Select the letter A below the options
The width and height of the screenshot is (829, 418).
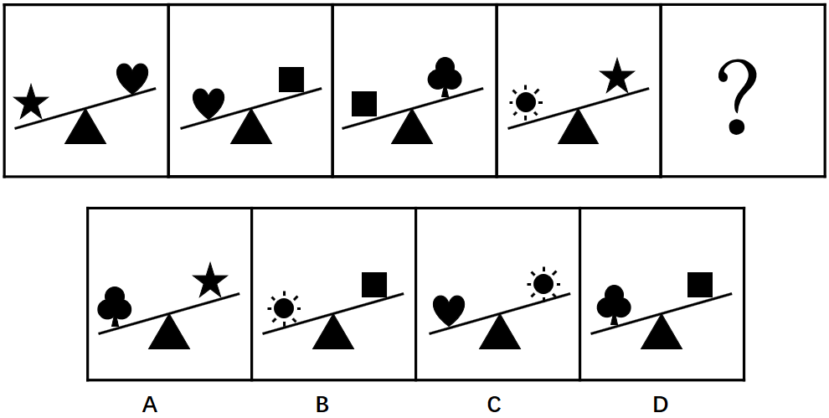150,405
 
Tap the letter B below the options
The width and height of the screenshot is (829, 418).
322,405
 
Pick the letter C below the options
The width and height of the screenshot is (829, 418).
493,405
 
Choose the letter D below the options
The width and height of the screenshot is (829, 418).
661,405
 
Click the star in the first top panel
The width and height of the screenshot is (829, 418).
31,101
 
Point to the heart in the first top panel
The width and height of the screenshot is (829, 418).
132,78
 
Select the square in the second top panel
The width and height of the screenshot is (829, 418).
291,80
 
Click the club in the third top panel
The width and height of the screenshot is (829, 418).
444,77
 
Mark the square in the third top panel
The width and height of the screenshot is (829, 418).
363,104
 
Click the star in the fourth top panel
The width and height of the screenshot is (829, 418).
616,77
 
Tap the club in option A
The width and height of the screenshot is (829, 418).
115,307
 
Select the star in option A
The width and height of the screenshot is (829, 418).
209,281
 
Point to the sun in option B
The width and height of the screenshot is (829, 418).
283,309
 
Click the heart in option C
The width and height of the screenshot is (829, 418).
449,310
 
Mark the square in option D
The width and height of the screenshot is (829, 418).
699,285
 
